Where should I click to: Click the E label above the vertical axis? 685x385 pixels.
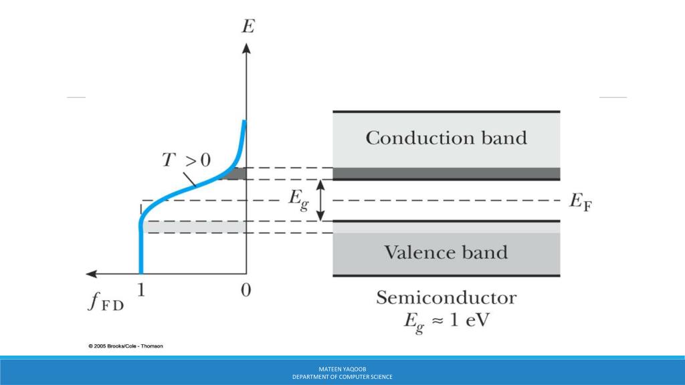pos(248,26)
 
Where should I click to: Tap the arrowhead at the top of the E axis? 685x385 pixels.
pos(246,48)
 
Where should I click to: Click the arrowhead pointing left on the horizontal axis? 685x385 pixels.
pos(92,273)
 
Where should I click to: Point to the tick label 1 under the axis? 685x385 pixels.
pos(141,291)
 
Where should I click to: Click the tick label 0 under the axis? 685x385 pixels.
pos(246,291)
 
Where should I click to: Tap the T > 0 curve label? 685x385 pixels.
pos(187,160)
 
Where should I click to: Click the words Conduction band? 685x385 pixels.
pos(446,138)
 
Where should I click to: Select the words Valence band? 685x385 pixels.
pos(446,253)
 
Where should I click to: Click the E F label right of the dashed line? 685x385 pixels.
pos(579,202)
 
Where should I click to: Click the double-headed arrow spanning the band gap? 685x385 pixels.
pos(321,200)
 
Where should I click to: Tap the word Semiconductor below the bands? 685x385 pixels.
pos(446,297)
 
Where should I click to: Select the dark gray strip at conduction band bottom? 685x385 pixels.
pos(446,174)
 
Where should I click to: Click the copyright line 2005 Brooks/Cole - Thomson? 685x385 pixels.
pos(125,346)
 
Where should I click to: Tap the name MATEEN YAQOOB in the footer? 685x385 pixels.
pos(342,368)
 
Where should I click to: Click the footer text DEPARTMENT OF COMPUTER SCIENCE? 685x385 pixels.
pos(342,377)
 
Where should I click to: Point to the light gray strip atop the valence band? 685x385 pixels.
pos(446,227)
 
